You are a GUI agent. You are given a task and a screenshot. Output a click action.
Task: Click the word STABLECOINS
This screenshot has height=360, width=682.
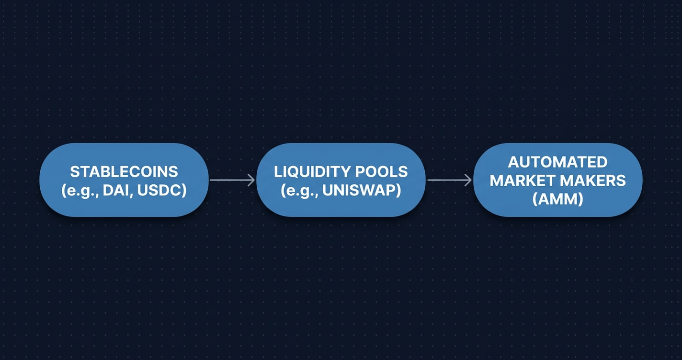124,171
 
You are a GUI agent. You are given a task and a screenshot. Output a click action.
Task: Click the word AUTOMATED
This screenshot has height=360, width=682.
557,162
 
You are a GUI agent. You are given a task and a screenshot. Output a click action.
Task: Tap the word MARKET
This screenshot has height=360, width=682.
519,180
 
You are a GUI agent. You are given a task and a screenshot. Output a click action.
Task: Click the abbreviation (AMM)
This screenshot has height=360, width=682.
557,199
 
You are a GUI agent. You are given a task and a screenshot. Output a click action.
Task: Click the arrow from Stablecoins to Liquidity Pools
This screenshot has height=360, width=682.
232,180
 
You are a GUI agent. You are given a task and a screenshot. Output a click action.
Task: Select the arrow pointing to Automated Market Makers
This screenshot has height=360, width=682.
449,180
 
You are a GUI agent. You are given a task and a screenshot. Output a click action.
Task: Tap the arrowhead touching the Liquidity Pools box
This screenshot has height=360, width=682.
251,180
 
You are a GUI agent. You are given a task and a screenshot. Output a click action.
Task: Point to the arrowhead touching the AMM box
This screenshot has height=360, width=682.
468,180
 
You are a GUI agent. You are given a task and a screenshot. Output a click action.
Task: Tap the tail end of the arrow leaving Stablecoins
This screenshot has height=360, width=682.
212,180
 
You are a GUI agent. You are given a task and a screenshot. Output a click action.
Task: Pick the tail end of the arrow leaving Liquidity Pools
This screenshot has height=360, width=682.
429,180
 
